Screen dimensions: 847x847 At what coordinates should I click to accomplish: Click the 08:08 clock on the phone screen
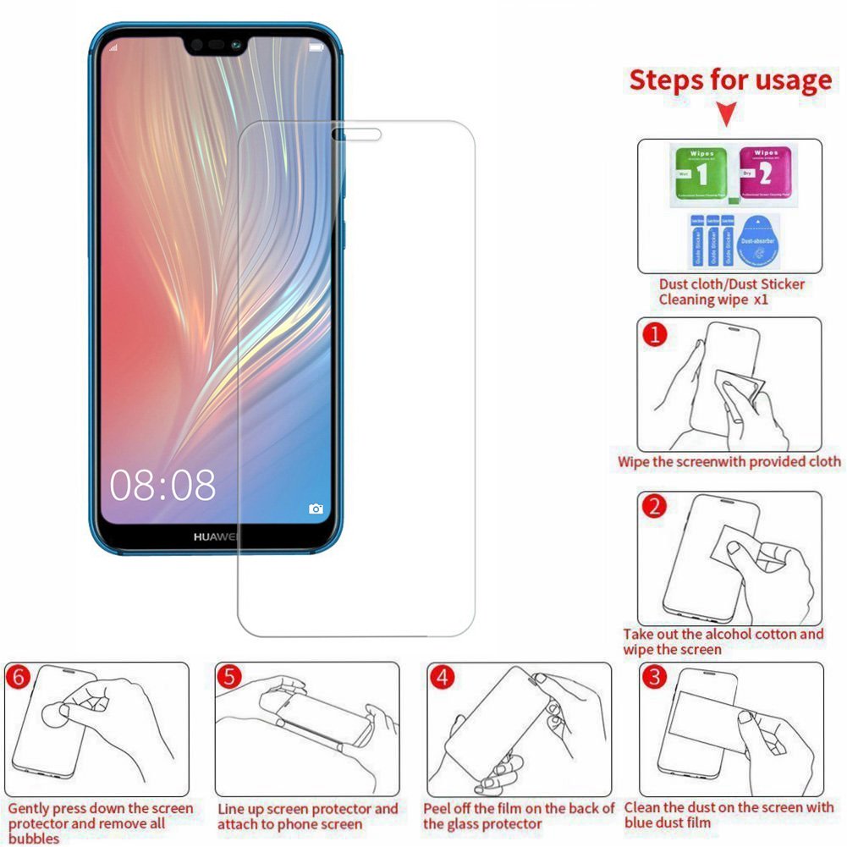click(162, 486)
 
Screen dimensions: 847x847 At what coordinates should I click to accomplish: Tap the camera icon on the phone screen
click(316, 509)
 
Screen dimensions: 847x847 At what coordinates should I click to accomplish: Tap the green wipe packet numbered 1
click(698, 176)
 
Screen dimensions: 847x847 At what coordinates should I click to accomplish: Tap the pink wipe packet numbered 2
click(765, 175)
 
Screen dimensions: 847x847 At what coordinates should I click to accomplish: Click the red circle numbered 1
click(655, 335)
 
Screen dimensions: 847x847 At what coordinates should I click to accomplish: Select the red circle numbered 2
click(655, 507)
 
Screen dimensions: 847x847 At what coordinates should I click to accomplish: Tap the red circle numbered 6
click(17, 678)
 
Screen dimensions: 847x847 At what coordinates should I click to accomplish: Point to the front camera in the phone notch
click(196, 44)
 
